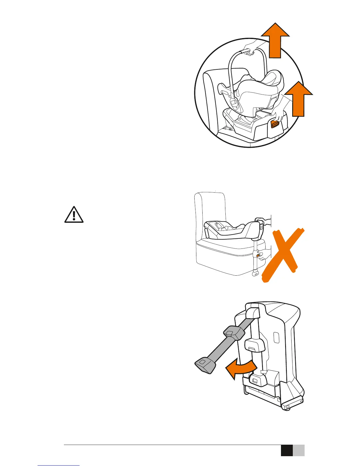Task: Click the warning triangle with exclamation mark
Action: click(74, 214)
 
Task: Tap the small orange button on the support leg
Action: click(258, 255)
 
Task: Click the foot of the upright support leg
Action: click(254, 274)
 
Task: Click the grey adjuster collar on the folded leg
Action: click(234, 333)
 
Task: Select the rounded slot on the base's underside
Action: click(276, 337)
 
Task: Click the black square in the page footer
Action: click(287, 451)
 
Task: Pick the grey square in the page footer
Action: click(299, 451)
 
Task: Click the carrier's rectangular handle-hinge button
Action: click(234, 104)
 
